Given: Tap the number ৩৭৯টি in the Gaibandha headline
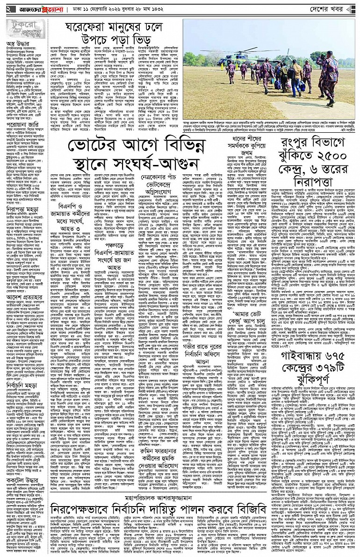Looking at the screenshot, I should pos(330,365).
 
